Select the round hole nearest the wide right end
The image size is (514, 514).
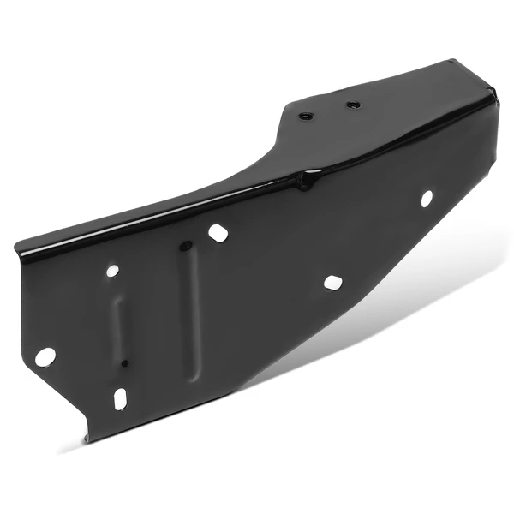426,198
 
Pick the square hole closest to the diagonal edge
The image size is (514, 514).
332,282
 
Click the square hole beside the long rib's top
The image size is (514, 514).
218,232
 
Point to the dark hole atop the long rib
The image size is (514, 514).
184,247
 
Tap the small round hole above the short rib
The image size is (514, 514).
112,271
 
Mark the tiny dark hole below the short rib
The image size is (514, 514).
124,362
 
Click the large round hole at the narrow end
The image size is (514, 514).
45,356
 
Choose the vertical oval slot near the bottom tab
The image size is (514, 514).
120,398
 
